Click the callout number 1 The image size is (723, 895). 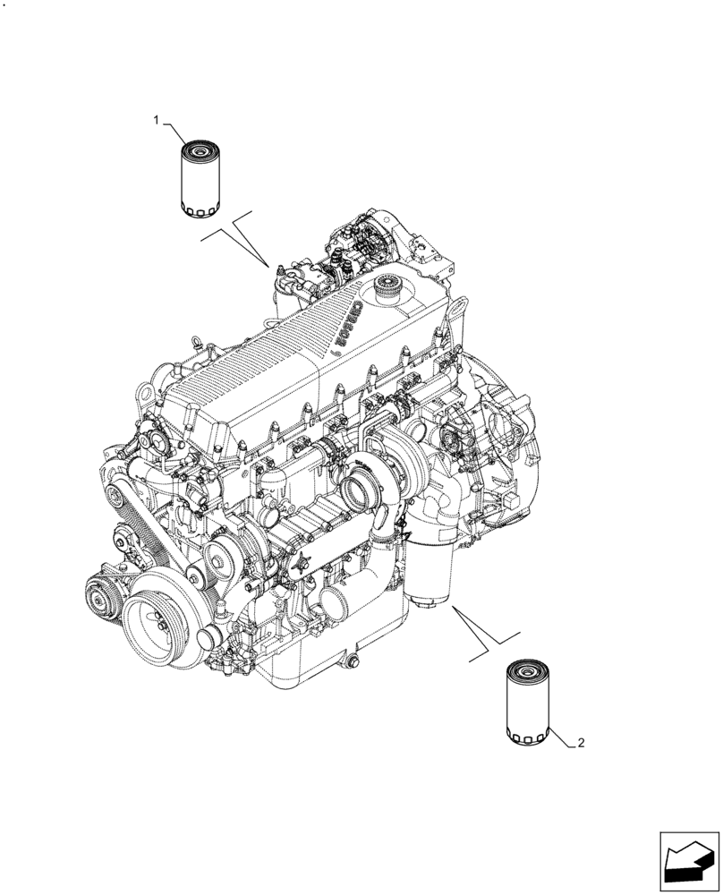[157, 119]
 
